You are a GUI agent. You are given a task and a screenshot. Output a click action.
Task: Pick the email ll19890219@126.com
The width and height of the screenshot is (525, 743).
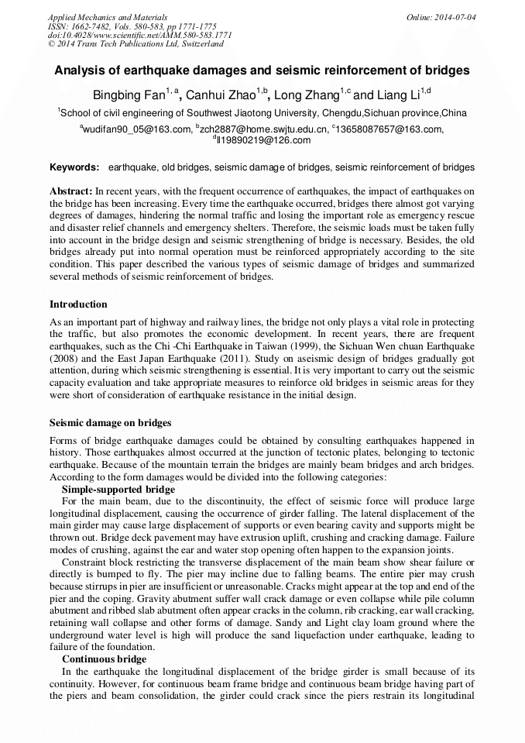click(263, 140)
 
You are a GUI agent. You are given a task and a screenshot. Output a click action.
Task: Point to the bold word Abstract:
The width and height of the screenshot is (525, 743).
click(70, 191)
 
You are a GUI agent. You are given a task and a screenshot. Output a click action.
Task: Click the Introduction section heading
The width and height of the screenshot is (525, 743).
click(78, 304)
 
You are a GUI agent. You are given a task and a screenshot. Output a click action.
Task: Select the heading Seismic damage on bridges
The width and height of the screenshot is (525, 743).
click(110, 423)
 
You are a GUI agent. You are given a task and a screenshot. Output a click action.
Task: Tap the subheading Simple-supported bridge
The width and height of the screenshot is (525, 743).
click(118, 490)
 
